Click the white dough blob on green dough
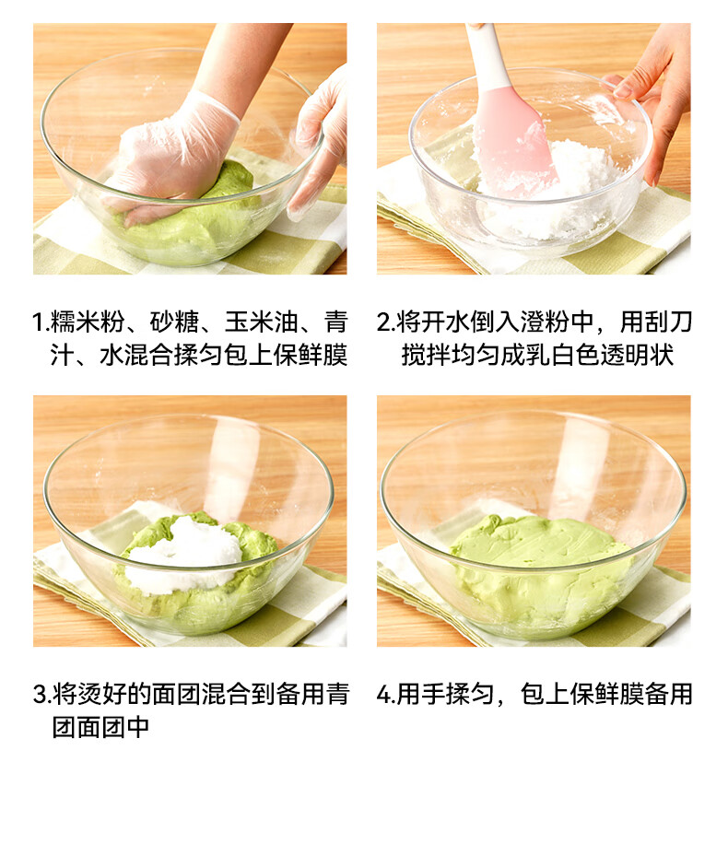tap(185, 554)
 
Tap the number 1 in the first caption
tap(38, 322)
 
